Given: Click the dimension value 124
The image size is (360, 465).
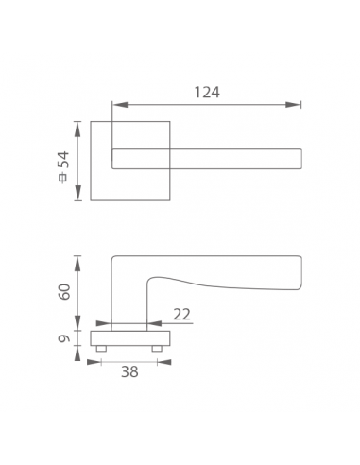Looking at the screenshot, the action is tap(207, 92).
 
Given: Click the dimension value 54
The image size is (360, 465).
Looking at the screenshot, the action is tap(63, 159).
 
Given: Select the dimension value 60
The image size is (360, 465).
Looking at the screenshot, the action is tap(65, 291).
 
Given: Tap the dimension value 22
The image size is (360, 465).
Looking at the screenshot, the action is tap(182, 314).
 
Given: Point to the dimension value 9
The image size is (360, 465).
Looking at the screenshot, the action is tap(64, 338).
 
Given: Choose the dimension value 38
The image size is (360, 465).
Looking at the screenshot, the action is tap(129, 371).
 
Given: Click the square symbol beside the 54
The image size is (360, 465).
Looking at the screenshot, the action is tap(63, 178).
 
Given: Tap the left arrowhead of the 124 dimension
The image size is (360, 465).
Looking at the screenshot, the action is tap(120, 105).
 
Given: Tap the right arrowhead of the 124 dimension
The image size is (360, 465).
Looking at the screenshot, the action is tap(293, 105).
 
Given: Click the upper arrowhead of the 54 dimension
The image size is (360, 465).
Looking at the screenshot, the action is tap(77, 129).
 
